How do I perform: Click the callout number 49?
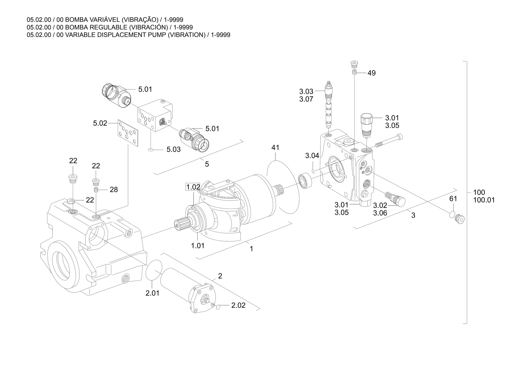(371, 73)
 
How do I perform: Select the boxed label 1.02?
(193, 187)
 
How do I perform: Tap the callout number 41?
(275, 147)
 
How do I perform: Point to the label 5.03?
(173, 150)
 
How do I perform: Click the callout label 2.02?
(238, 305)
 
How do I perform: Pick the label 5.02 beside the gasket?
(100, 123)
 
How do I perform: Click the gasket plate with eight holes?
(128, 133)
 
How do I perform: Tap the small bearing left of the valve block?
(305, 180)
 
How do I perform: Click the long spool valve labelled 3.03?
(329, 104)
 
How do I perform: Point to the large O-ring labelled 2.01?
(154, 273)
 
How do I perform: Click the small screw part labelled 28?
(96, 190)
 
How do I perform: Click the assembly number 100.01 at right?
(484, 200)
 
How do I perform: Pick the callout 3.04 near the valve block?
(312, 156)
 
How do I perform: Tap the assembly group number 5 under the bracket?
(207, 164)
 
